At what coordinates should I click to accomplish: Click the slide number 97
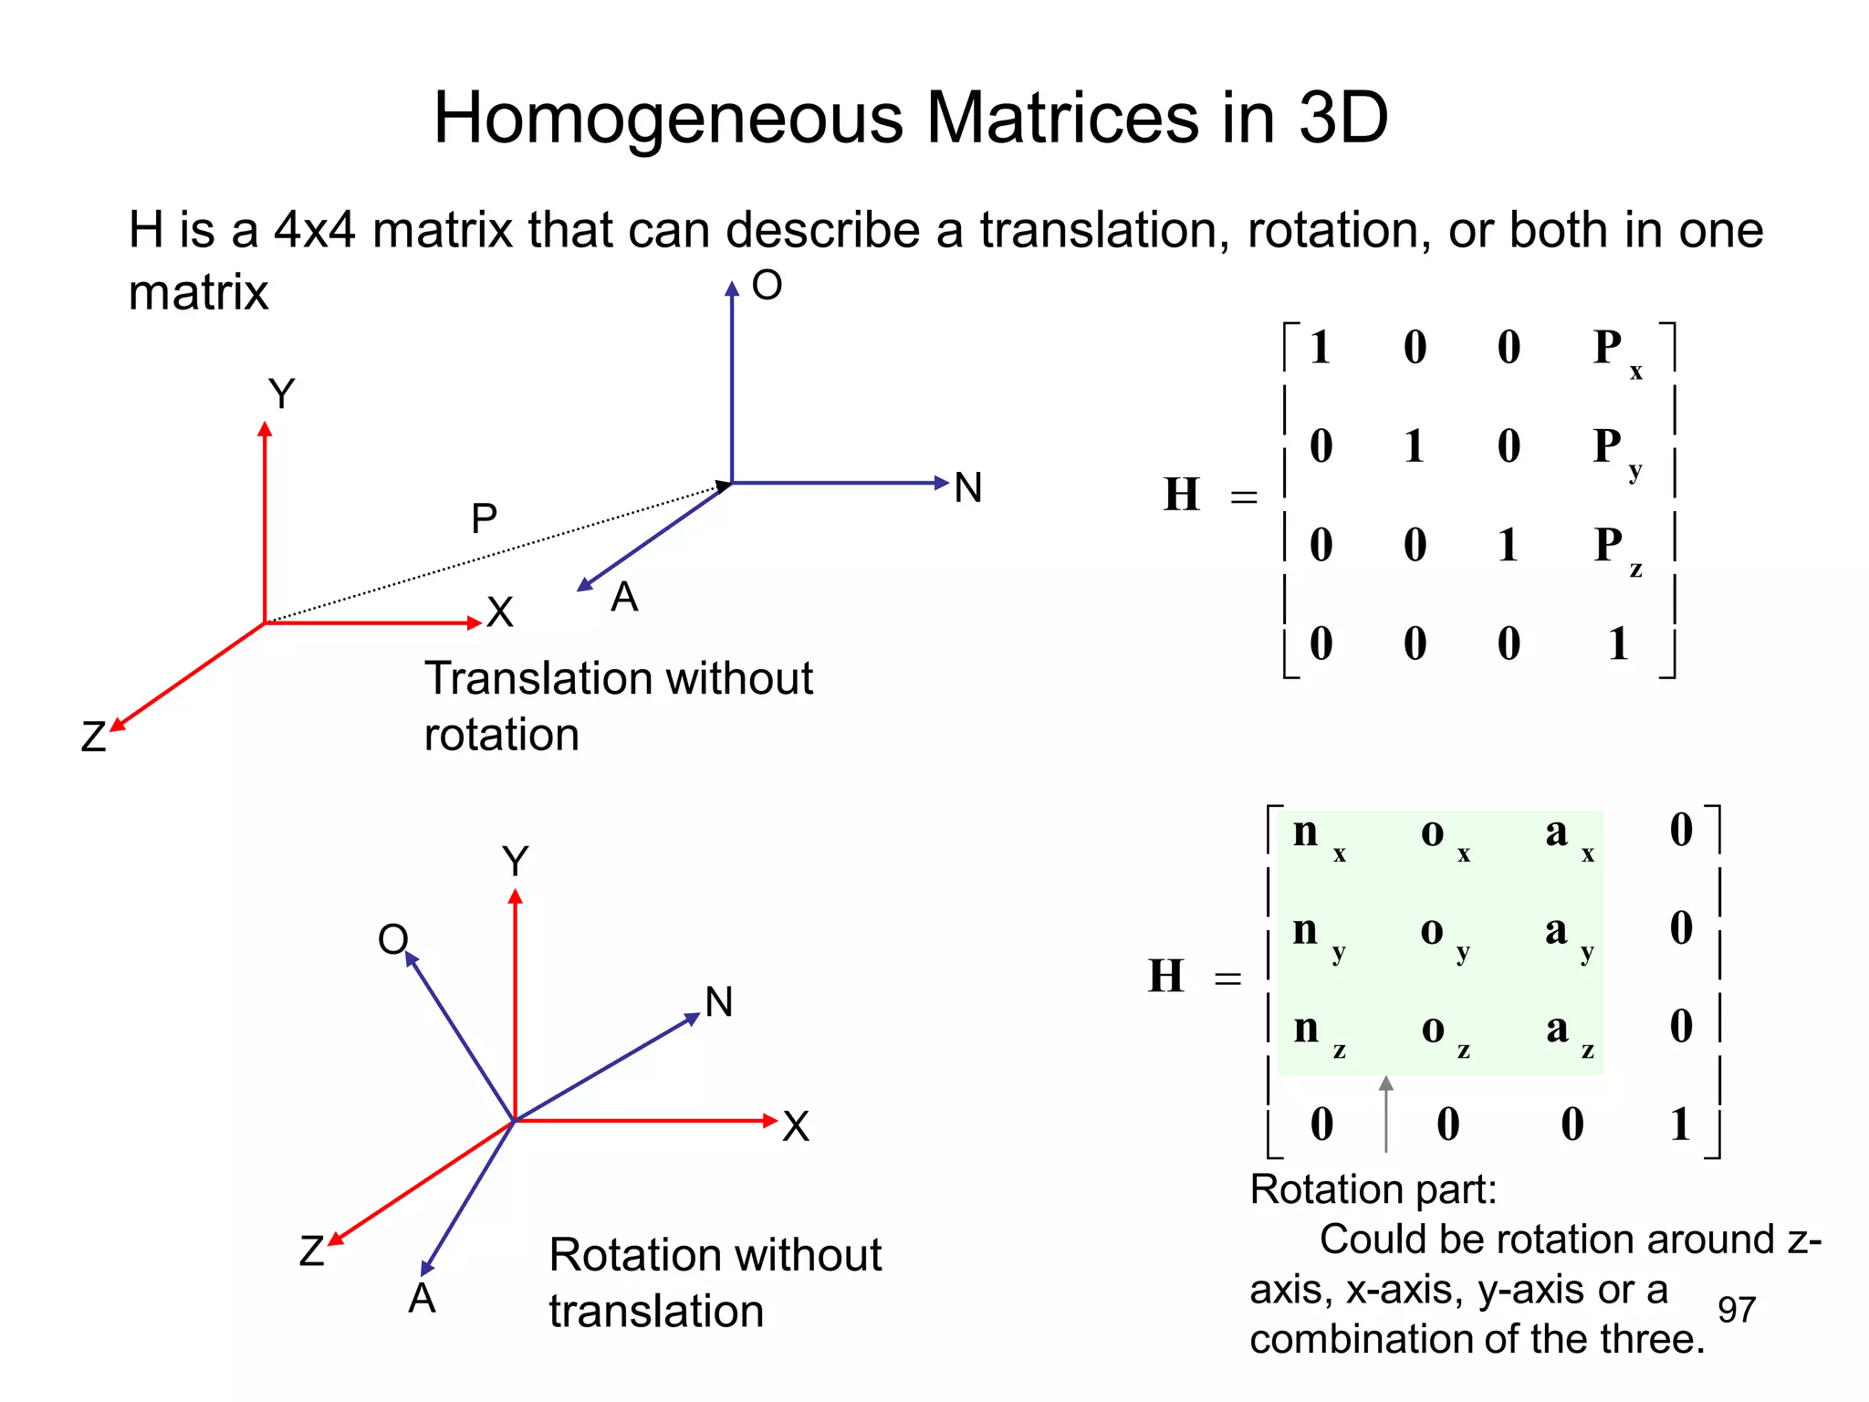click(x=1736, y=1310)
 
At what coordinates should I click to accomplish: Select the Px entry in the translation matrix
click(x=1616, y=351)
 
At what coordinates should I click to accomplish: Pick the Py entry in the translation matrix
click(x=1616, y=450)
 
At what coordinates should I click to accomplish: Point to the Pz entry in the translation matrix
click(x=1616, y=549)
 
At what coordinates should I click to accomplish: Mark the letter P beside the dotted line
click(x=484, y=518)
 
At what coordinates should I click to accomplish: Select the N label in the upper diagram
click(x=968, y=488)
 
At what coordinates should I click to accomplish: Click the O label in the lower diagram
click(x=393, y=938)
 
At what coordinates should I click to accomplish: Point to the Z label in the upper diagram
click(x=93, y=737)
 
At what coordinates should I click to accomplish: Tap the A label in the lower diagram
click(x=422, y=1298)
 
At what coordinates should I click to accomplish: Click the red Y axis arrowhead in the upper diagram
click(x=265, y=429)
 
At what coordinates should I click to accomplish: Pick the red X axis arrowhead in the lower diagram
click(x=769, y=1121)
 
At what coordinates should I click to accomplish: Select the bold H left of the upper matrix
click(x=1182, y=494)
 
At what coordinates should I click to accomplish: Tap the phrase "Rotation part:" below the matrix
click(x=1373, y=1189)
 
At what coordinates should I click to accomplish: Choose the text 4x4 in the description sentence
click(x=315, y=230)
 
